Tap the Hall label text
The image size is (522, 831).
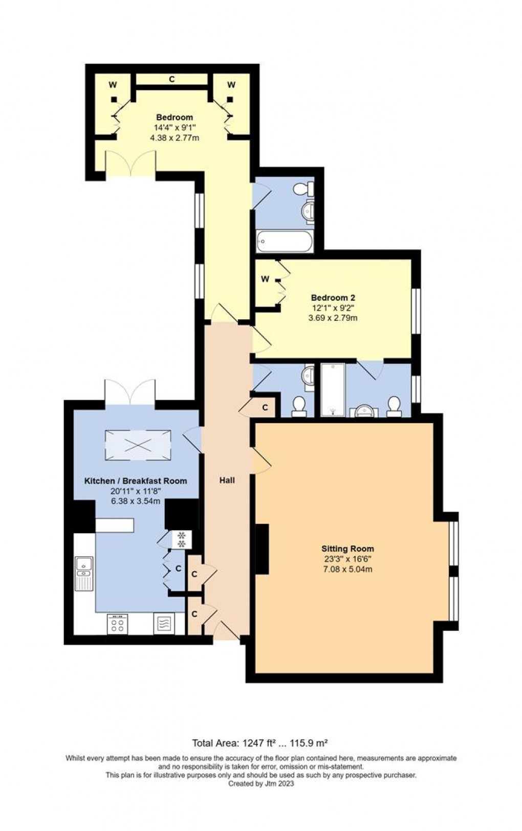coord(227,480)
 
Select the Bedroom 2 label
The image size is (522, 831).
coord(333,297)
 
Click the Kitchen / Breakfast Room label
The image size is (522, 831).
coord(136,481)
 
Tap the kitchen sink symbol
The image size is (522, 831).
coord(83,573)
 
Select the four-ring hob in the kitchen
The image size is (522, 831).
coord(117,623)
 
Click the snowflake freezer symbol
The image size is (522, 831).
coord(181,539)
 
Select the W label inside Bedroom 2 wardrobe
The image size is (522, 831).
coord(265,279)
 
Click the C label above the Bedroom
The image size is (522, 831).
coord(172,79)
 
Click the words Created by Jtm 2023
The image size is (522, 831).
coord(261,783)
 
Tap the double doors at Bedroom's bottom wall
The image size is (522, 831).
coord(130,164)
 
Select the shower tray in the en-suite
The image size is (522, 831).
coord(333,389)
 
